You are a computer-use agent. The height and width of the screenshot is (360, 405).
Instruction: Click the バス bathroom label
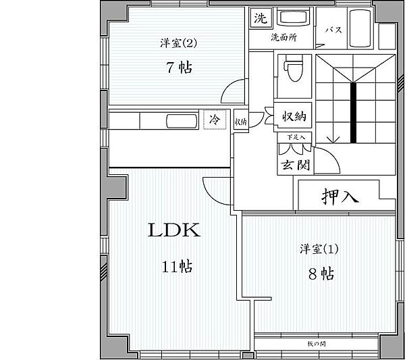332,30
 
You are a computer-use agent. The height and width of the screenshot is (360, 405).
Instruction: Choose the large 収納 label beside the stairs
294,117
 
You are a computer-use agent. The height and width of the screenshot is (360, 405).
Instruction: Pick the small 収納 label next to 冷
240,122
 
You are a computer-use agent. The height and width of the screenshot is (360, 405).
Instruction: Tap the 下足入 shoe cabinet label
296,138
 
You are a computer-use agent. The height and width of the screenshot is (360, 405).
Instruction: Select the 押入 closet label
340,197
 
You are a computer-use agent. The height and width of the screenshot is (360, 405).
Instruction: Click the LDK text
173,231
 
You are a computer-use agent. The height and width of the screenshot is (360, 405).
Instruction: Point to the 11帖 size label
176,267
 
